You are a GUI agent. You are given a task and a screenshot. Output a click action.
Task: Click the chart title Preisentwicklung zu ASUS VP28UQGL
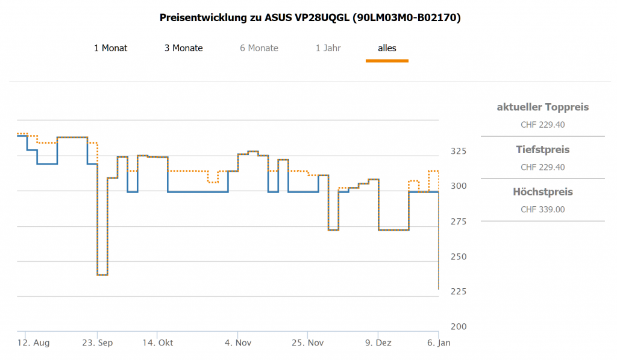click(x=310, y=17)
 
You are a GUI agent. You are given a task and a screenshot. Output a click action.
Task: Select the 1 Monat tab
click(x=110, y=48)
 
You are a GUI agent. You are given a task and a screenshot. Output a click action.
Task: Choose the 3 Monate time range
click(x=183, y=48)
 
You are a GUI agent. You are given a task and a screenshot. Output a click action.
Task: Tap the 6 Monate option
click(x=259, y=48)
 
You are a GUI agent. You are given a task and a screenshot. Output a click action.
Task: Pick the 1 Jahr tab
click(x=328, y=48)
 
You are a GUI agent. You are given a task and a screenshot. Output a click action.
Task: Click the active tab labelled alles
click(x=387, y=48)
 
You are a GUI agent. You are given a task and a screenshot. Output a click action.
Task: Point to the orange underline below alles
click(x=387, y=60)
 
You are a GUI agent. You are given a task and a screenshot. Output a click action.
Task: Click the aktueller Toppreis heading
click(x=542, y=107)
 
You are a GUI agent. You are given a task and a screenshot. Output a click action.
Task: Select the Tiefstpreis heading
click(x=542, y=150)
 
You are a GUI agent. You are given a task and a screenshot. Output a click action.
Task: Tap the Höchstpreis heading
click(x=542, y=192)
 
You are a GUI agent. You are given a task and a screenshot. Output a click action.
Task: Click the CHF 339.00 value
click(x=542, y=210)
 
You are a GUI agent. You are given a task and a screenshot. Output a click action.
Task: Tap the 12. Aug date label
click(x=33, y=343)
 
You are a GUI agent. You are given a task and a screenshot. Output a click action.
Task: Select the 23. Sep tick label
click(x=98, y=343)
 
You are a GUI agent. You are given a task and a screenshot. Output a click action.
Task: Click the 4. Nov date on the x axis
click(x=237, y=343)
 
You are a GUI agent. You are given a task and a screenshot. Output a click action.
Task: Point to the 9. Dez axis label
click(x=378, y=343)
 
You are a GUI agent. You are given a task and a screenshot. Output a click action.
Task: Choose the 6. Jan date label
click(x=438, y=343)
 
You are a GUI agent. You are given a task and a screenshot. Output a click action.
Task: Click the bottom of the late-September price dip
click(x=102, y=275)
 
